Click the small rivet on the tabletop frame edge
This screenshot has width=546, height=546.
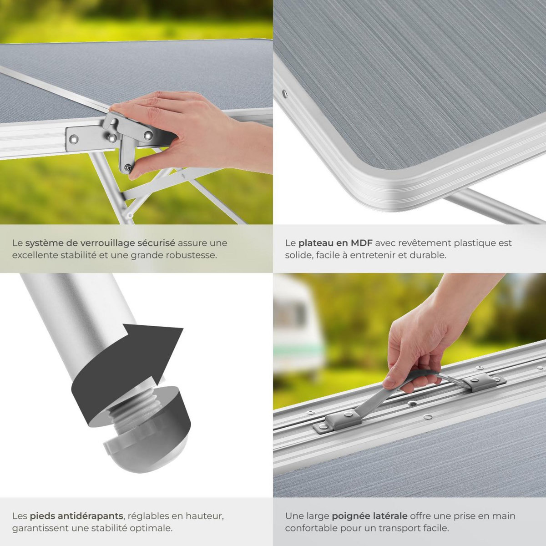coord(285,94)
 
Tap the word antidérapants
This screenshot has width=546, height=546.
coord(93,516)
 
